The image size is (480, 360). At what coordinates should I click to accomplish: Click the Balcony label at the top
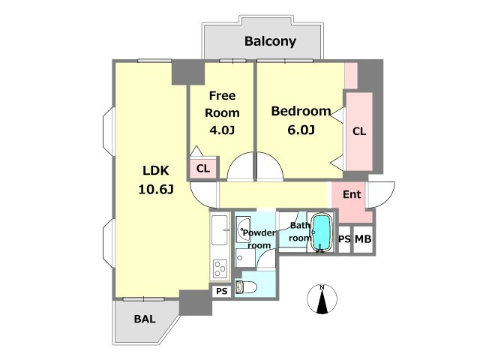pyautogui.click(x=270, y=41)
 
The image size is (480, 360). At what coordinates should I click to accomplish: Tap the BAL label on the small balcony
pyautogui.click(x=145, y=319)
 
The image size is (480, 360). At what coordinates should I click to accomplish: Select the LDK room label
pyautogui.click(x=156, y=170)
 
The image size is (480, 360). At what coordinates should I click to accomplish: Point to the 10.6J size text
pyautogui.click(x=156, y=190)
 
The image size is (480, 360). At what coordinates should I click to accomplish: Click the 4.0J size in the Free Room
pyautogui.click(x=222, y=130)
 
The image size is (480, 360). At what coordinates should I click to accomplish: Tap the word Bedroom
pyautogui.click(x=301, y=111)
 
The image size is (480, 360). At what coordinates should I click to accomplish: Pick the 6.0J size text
pyautogui.click(x=301, y=130)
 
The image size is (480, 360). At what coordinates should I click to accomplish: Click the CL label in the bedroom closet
pyautogui.click(x=359, y=131)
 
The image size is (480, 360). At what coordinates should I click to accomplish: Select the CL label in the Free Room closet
pyautogui.click(x=203, y=168)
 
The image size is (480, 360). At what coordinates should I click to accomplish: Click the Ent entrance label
pyautogui.click(x=352, y=194)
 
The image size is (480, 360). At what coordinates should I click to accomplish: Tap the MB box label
pyautogui.click(x=363, y=238)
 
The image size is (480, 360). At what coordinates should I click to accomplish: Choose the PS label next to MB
pyautogui.click(x=344, y=238)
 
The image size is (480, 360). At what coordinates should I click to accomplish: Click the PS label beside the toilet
pyautogui.click(x=222, y=291)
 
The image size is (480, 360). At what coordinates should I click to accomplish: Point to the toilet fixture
pyautogui.click(x=246, y=287)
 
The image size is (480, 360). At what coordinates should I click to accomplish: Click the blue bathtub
pyautogui.click(x=322, y=232)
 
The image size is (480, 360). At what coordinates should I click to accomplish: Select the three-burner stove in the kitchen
pyautogui.click(x=220, y=268)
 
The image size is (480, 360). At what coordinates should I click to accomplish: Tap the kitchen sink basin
pyautogui.click(x=220, y=230)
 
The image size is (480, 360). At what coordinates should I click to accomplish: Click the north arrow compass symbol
pyautogui.click(x=322, y=298)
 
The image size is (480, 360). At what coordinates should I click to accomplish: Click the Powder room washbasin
pyautogui.click(x=244, y=229)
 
